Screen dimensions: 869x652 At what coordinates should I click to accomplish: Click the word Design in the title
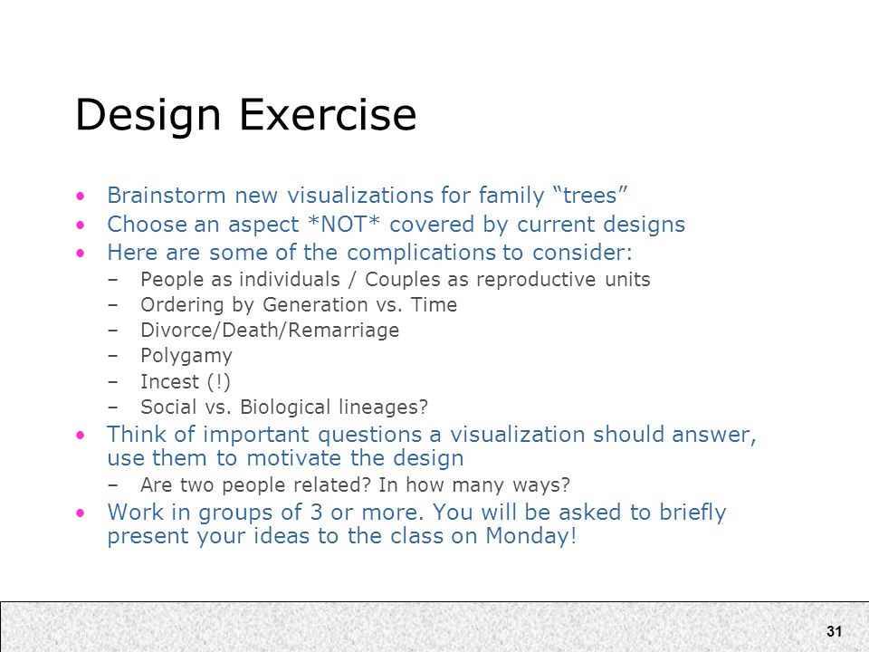148,115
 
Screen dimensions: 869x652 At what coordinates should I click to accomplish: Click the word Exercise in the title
328,114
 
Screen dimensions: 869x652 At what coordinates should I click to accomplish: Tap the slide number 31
834,631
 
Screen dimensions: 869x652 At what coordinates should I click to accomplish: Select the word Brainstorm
167,196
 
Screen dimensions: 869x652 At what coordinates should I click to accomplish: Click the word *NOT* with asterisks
344,224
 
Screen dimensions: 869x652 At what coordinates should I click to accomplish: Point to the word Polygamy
186,356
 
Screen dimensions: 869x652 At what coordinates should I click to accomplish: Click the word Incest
169,381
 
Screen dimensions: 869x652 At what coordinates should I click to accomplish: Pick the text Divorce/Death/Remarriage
270,331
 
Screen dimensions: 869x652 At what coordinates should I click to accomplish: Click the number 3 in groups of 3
316,513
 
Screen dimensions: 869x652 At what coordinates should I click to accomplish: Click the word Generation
315,305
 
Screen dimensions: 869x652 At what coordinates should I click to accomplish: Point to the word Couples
406,280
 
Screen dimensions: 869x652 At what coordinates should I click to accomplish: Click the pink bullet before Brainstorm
81,196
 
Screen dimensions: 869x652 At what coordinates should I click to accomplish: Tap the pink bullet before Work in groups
81,513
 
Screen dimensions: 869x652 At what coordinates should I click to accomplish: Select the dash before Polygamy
113,356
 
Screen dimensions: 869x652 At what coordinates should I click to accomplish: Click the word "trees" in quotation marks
590,196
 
